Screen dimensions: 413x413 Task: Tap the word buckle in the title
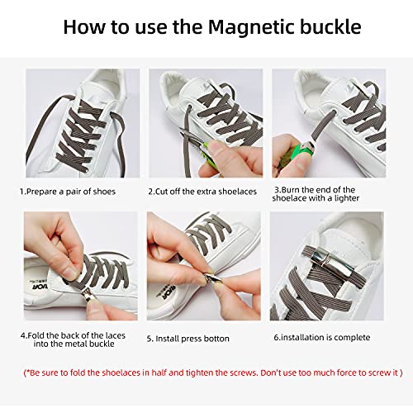click(x=330, y=26)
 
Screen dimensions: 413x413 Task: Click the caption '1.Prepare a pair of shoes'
click(x=68, y=192)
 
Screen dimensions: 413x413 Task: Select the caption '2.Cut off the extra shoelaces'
click(x=202, y=192)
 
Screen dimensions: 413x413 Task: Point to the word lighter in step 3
click(x=347, y=198)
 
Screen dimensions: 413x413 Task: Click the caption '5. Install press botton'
click(x=188, y=339)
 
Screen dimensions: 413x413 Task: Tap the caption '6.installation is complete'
click(x=322, y=338)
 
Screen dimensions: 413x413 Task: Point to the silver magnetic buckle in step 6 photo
click(x=333, y=262)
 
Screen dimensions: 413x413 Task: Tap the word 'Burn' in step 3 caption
click(x=291, y=190)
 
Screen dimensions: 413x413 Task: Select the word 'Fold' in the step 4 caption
click(x=36, y=335)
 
